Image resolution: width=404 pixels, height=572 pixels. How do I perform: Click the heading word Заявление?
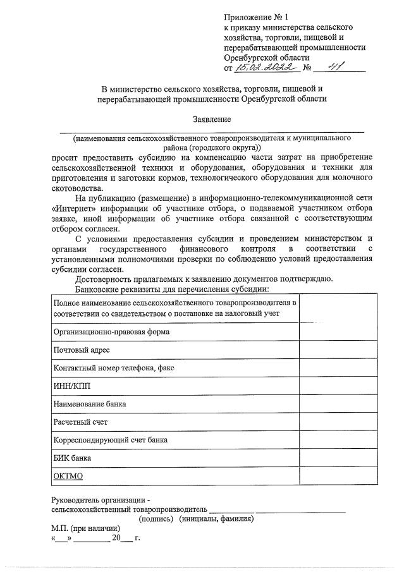pos(212,119)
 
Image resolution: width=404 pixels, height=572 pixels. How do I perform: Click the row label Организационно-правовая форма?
pos(111,331)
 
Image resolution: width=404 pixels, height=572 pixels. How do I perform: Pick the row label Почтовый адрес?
pos(82,350)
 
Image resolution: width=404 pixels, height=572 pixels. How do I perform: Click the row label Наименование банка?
pos(90,403)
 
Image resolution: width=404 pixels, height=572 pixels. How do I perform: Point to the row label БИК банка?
pos(73,457)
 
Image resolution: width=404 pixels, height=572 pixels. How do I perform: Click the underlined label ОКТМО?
pos(68,475)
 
